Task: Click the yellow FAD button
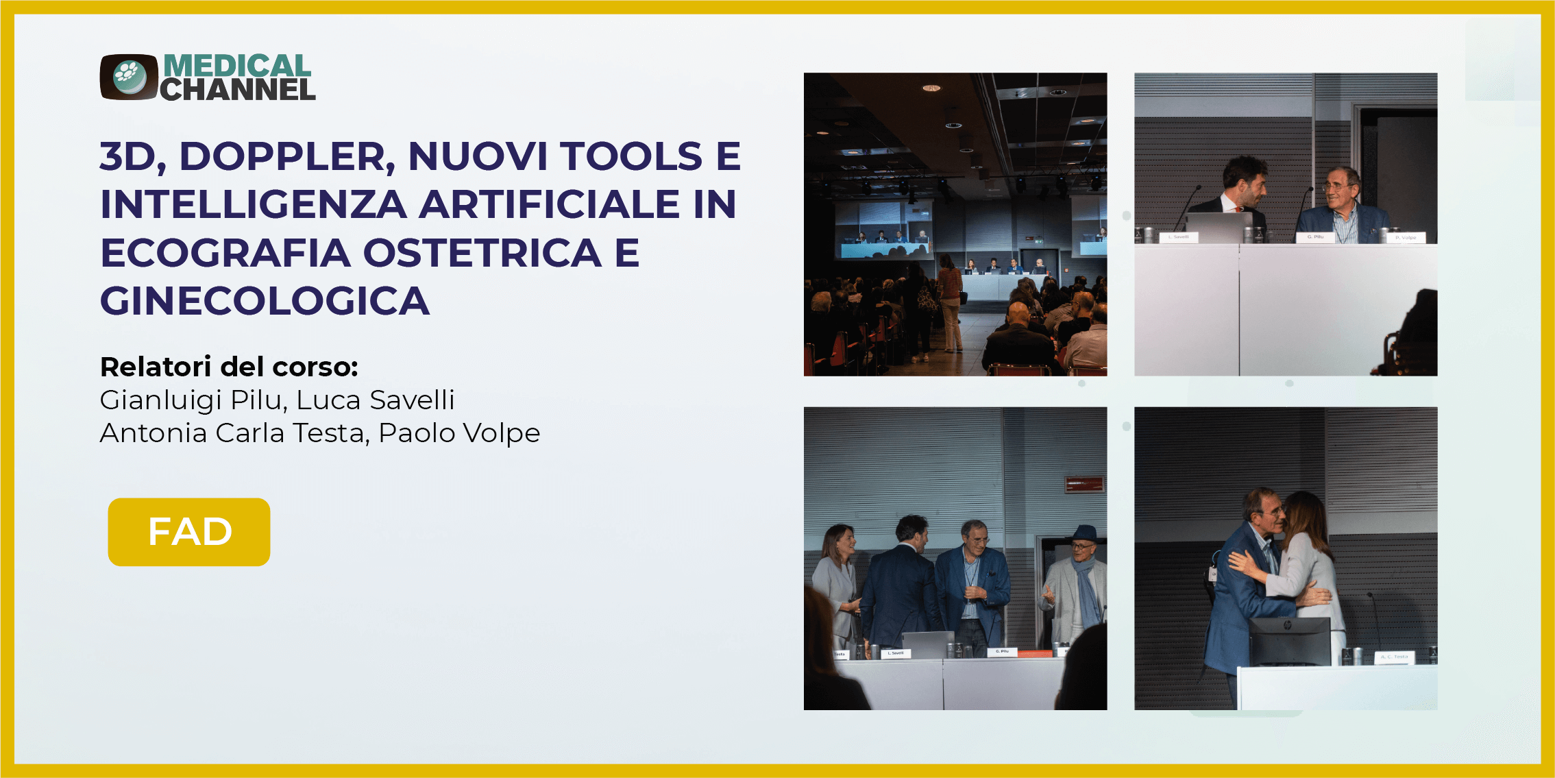point(189,532)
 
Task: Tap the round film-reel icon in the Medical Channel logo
point(129,76)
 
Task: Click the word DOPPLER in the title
point(287,156)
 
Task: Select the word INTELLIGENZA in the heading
point(254,204)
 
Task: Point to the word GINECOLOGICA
point(265,301)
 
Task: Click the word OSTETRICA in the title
point(482,253)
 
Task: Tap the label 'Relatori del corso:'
point(229,367)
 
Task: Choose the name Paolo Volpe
point(459,433)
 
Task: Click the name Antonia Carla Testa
point(232,433)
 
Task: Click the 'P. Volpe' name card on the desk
point(1406,238)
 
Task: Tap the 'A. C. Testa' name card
point(1394,657)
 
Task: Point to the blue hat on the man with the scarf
point(1084,534)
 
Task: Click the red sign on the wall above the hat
point(1083,485)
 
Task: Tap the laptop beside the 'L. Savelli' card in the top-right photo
point(1218,227)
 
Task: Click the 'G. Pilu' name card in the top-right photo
point(1315,237)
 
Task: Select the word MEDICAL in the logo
point(237,66)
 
